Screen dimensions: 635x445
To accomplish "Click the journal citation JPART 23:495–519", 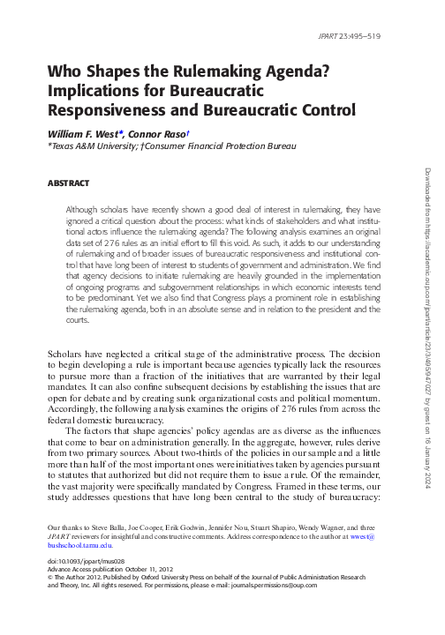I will (x=349, y=37).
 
